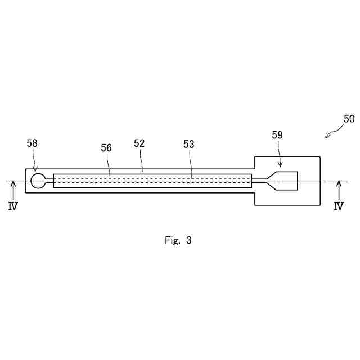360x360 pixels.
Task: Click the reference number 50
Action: (x=349, y=119)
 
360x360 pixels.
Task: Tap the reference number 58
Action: (x=32, y=143)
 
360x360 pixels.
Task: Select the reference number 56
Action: (x=106, y=147)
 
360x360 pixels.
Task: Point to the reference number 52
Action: (x=139, y=143)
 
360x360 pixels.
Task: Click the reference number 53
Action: (x=188, y=144)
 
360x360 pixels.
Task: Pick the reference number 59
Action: (x=277, y=135)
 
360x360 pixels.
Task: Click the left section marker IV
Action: (x=12, y=206)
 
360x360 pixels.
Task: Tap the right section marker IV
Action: (x=338, y=206)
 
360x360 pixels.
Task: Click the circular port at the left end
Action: (x=38, y=181)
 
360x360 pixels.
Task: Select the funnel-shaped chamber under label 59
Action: (x=284, y=181)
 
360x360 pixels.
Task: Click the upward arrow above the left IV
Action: (x=12, y=189)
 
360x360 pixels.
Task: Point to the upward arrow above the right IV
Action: (x=338, y=189)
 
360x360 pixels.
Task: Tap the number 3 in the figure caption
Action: (x=189, y=240)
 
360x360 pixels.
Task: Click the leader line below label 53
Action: (x=191, y=164)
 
